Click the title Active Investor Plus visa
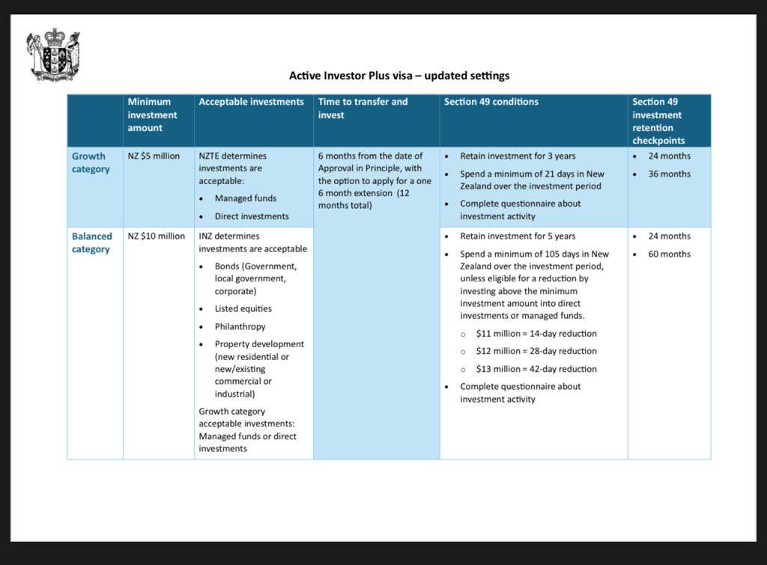(398, 76)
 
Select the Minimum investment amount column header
(152, 114)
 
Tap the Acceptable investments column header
(251, 102)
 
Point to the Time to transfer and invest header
(363, 108)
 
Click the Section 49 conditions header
(491, 102)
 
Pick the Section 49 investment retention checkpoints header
(657, 120)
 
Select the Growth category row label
(91, 162)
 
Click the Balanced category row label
(91, 242)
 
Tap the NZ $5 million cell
(154, 156)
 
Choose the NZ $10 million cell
(156, 236)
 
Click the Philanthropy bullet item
(240, 326)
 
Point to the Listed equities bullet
(243, 308)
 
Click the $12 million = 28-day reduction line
(536, 351)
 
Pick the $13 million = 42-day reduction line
(536, 369)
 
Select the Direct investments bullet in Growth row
(251, 216)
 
